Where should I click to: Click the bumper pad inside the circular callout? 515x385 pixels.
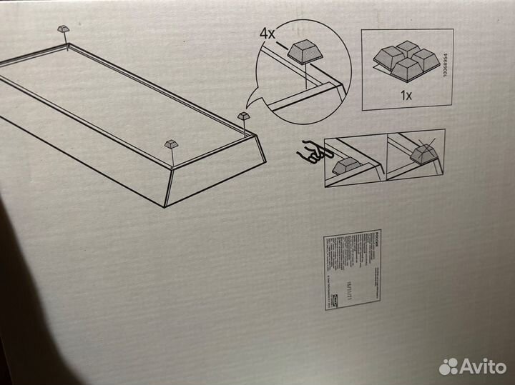[304, 51]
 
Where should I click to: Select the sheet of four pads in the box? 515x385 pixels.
[406, 62]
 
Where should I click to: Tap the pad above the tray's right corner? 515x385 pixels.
[244, 116]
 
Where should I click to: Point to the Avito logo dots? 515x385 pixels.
[448, 366]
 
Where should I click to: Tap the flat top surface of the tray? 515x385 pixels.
[122, 93]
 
